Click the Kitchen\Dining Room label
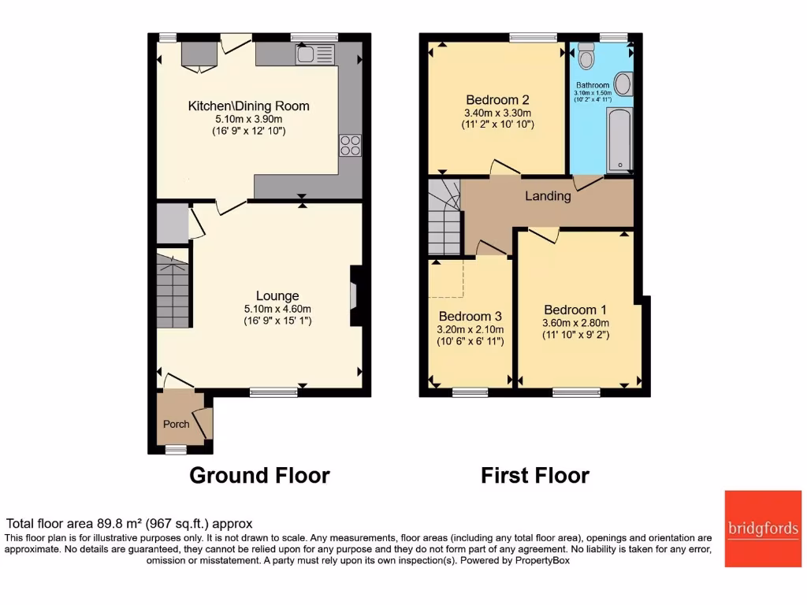pos(248,106)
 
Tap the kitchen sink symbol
pos(315,54)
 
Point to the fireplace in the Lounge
pos(355,295)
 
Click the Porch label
pos(176,424)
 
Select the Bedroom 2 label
pos(496,100)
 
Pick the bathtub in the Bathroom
pos(619,140)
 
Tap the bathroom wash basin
pos(623,84)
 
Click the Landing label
pos(548,196)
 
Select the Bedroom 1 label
pos(575,310)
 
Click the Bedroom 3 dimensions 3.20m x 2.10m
pos(470,330)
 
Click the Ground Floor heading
pos(259,475)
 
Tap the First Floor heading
pos(535,475)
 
